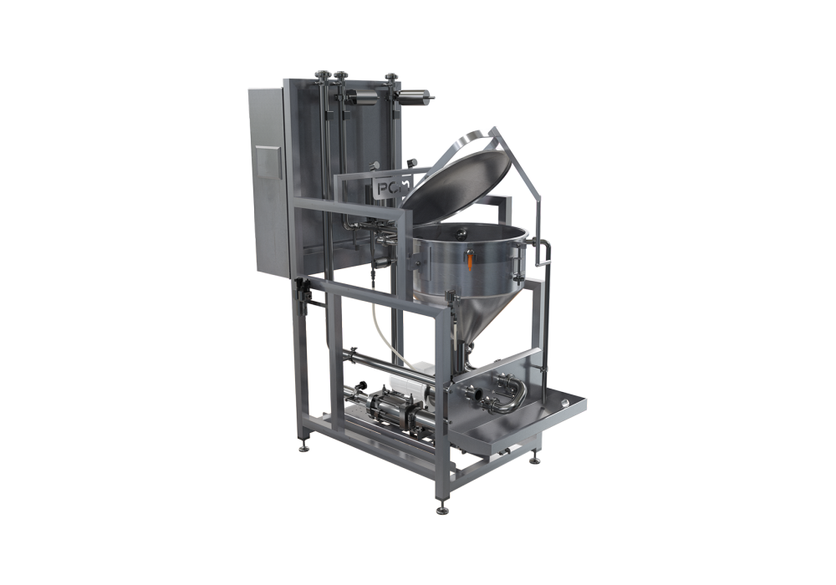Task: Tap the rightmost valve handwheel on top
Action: click(x=390, y=78)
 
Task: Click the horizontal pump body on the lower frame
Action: click(x=376, y=409)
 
